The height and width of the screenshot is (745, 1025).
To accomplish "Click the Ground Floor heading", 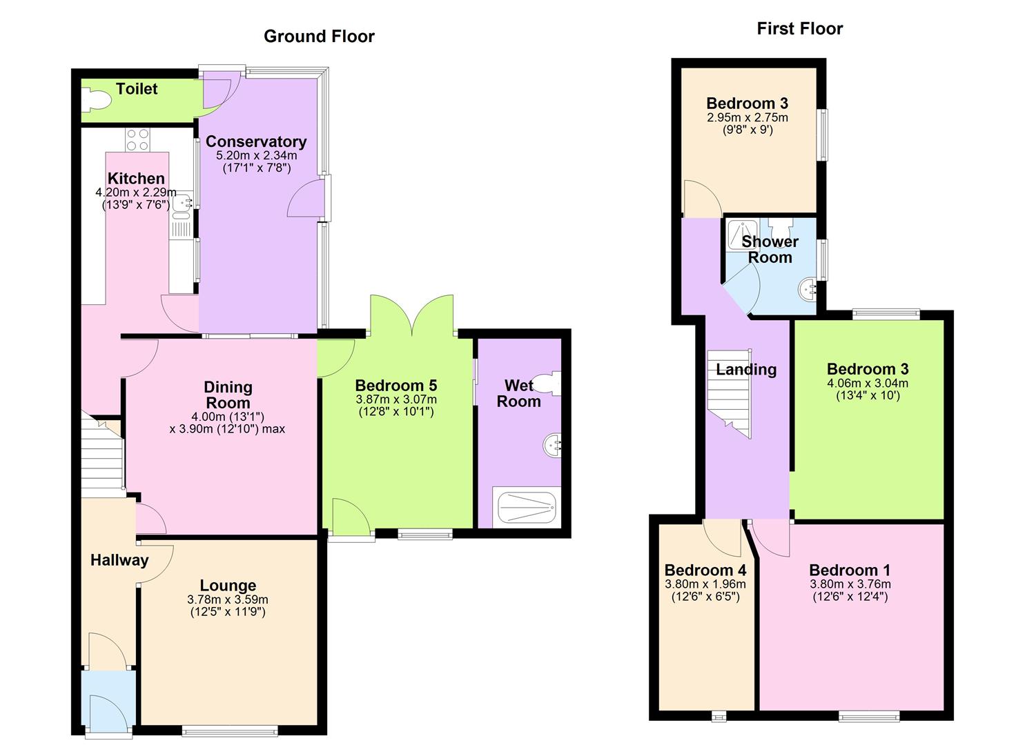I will [x=319, y=37].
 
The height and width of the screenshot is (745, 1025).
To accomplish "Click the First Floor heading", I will [x=799, y=29].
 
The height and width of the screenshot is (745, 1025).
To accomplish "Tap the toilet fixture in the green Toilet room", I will [x=95, y=102].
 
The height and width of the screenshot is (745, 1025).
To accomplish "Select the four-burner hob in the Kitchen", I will [x=137, y=140].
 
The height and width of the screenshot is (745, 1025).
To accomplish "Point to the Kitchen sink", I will [x=182, y=203].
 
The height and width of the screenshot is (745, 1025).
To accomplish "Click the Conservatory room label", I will [x=256, y=142].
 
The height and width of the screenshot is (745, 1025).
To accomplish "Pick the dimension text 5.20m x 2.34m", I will [x=256, y=156].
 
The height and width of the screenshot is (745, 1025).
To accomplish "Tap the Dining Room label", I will [x=228, y=395].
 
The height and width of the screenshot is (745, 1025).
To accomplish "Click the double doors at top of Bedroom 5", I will [x=412, y=315].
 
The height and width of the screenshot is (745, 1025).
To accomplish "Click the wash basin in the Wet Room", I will [x=553, y=445].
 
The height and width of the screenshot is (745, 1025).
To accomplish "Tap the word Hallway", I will [x=119, y=560].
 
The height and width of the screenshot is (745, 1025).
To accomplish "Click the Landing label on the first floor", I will [x=745, y=370].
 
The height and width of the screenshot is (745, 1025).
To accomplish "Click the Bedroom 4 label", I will [x=705, y=570].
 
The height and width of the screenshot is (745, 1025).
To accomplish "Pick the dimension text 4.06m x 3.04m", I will [x=867, y=384].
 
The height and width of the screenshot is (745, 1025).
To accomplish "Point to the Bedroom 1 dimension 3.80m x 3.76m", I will [x=850, y=584].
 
